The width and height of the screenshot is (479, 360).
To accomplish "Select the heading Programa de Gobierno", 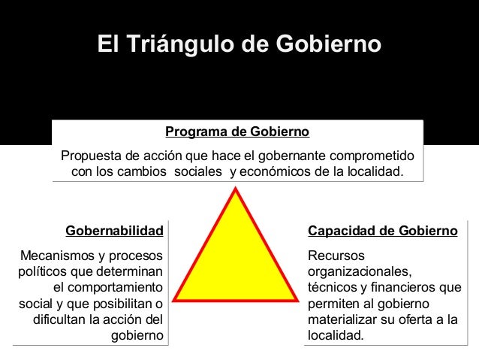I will click(237, 133).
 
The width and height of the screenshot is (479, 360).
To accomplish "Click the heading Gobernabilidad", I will click(114, 229).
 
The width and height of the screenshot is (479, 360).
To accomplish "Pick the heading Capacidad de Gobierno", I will click(383, 229).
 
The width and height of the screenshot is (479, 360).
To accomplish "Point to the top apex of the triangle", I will click(237, 189).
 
